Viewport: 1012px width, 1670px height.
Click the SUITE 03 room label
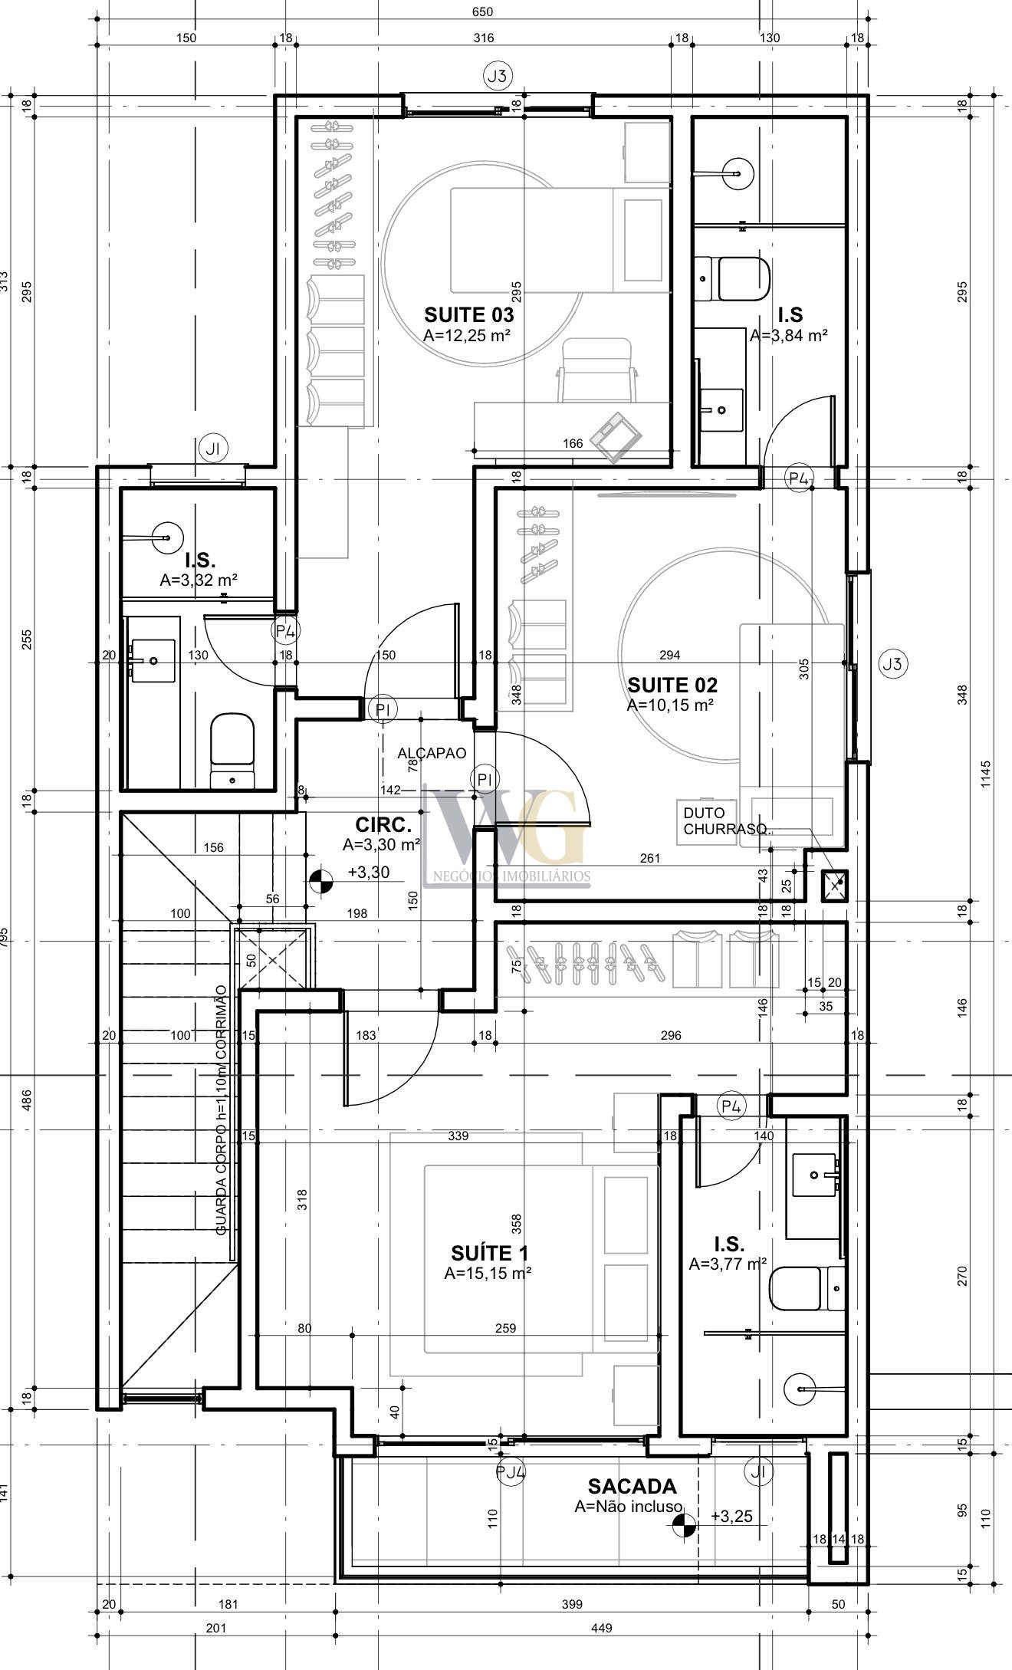(469, 314)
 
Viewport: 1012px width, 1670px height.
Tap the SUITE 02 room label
(672, 685)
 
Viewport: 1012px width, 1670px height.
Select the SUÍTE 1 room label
(489, 1253)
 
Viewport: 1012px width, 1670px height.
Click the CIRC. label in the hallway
(383, 825)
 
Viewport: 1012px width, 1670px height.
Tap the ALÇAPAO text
(432, 754)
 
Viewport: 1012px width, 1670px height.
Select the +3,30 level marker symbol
(320, 883)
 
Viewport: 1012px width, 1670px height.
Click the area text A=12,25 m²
(467, 335)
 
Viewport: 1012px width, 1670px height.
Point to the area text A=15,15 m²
(488, 1274)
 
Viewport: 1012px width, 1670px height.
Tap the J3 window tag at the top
(498, 76)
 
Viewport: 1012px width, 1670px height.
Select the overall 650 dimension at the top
(483, 12)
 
